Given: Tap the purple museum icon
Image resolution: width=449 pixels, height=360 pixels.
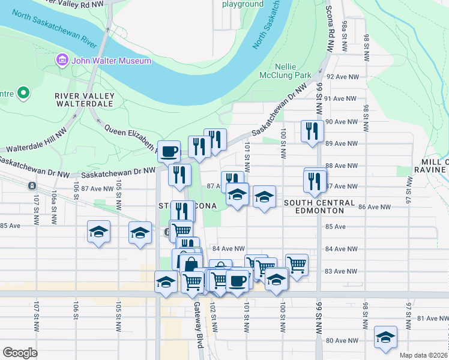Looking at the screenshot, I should tap(61, 60).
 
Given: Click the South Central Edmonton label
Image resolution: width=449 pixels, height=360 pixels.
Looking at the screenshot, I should tap(313, 206).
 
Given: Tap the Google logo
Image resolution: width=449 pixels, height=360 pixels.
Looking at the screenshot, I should tap(20, 353).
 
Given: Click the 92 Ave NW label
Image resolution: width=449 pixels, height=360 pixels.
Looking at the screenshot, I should tap(342, 77).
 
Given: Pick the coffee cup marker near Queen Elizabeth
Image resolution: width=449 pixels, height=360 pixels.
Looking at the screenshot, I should tap(168, 150).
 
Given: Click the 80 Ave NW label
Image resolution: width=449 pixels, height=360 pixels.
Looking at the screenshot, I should tap(342, 341).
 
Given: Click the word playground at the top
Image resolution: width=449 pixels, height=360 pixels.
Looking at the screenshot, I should tap(243, 4).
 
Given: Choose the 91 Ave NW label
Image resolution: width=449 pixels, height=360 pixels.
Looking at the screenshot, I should tap(342, 98).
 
